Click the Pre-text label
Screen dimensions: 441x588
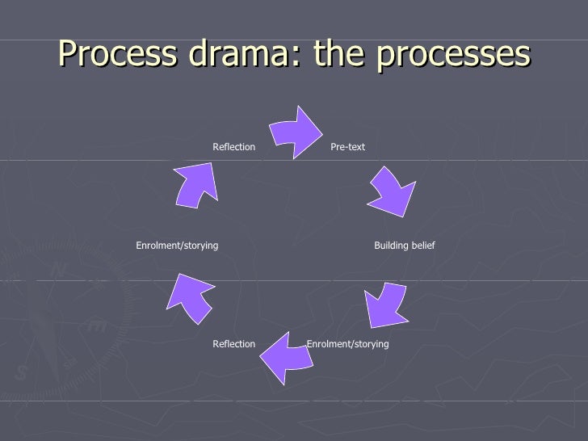tap(348, 147)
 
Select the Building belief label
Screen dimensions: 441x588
tap(405, 245)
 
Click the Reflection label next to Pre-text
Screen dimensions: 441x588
tap(233, 147)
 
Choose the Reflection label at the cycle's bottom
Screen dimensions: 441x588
tap(233, 344)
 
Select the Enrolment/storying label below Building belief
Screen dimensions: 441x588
tap(348, 344)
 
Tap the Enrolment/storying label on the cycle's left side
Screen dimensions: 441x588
tap(177, 245)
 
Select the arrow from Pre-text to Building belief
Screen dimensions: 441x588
tap(392, 191)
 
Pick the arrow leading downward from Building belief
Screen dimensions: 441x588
tap(384, 304)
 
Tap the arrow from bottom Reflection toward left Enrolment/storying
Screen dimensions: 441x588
tap(189, 298)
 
